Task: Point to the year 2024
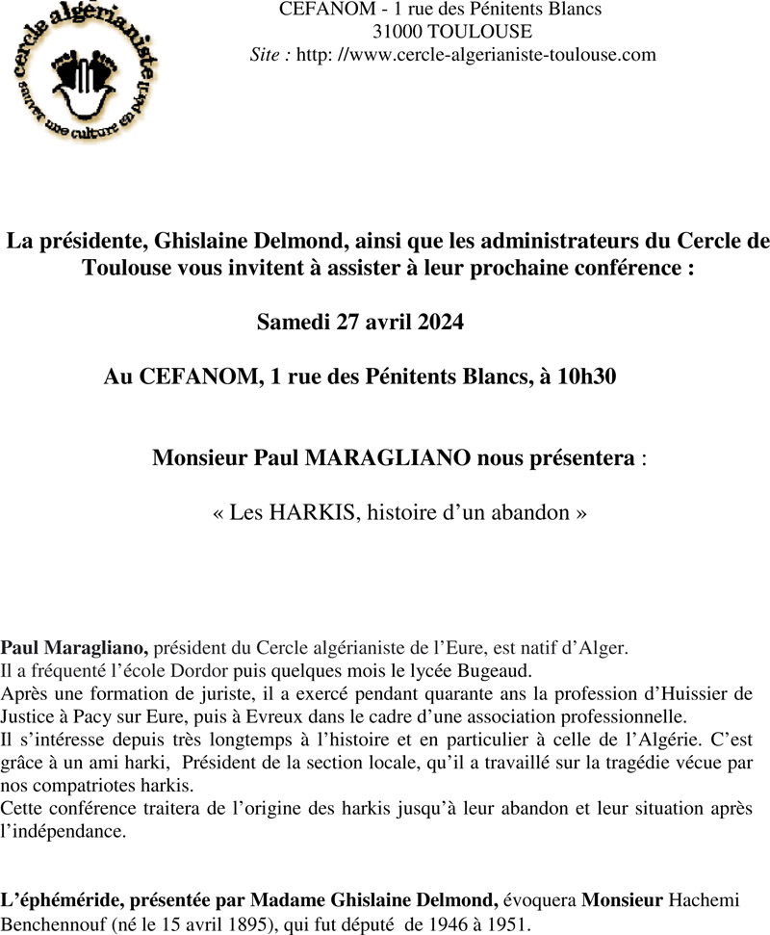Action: click(441, 322)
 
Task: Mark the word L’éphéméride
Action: click(57, 900)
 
